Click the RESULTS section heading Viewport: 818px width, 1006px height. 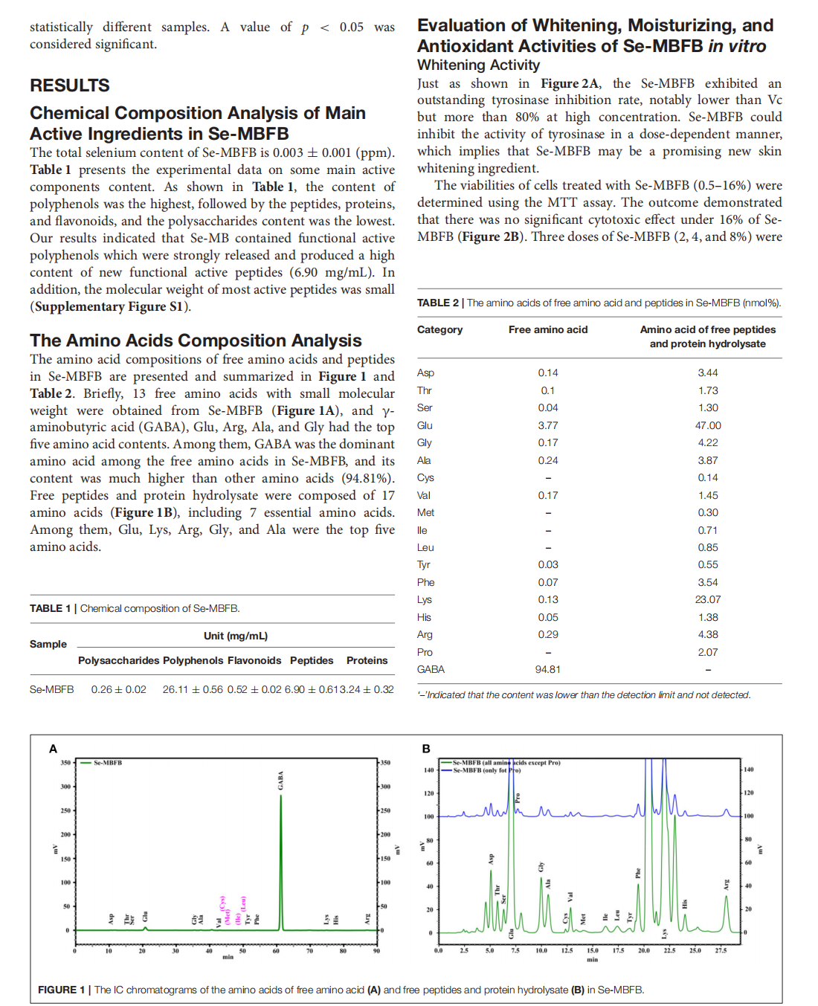click(70, 86)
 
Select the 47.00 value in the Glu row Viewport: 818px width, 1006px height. click(708, 425)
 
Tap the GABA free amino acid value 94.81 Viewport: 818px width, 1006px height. click(547, 669)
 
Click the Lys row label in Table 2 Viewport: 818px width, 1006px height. click(425, 599)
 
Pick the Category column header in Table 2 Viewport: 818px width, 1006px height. click(439, 329)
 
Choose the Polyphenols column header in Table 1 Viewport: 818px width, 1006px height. click(193, 660)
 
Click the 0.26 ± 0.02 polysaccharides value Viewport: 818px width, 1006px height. click(119, 689)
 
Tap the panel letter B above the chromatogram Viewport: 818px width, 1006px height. click(426, 749)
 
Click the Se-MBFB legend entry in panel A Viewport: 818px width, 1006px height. click(107, 763)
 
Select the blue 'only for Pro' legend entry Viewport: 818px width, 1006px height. click(486, 770)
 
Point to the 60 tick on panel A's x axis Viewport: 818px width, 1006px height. click(276, 951)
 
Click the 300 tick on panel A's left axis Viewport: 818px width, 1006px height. click(66, 787)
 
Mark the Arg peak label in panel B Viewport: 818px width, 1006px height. click(727, 884)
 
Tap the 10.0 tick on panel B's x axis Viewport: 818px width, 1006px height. click(541, 950)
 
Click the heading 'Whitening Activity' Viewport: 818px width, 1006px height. click(478, 65)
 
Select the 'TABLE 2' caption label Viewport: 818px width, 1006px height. click(437, 303)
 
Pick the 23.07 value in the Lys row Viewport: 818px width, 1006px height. click(708, 599)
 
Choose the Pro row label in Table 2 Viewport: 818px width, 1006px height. click(425, 652)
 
